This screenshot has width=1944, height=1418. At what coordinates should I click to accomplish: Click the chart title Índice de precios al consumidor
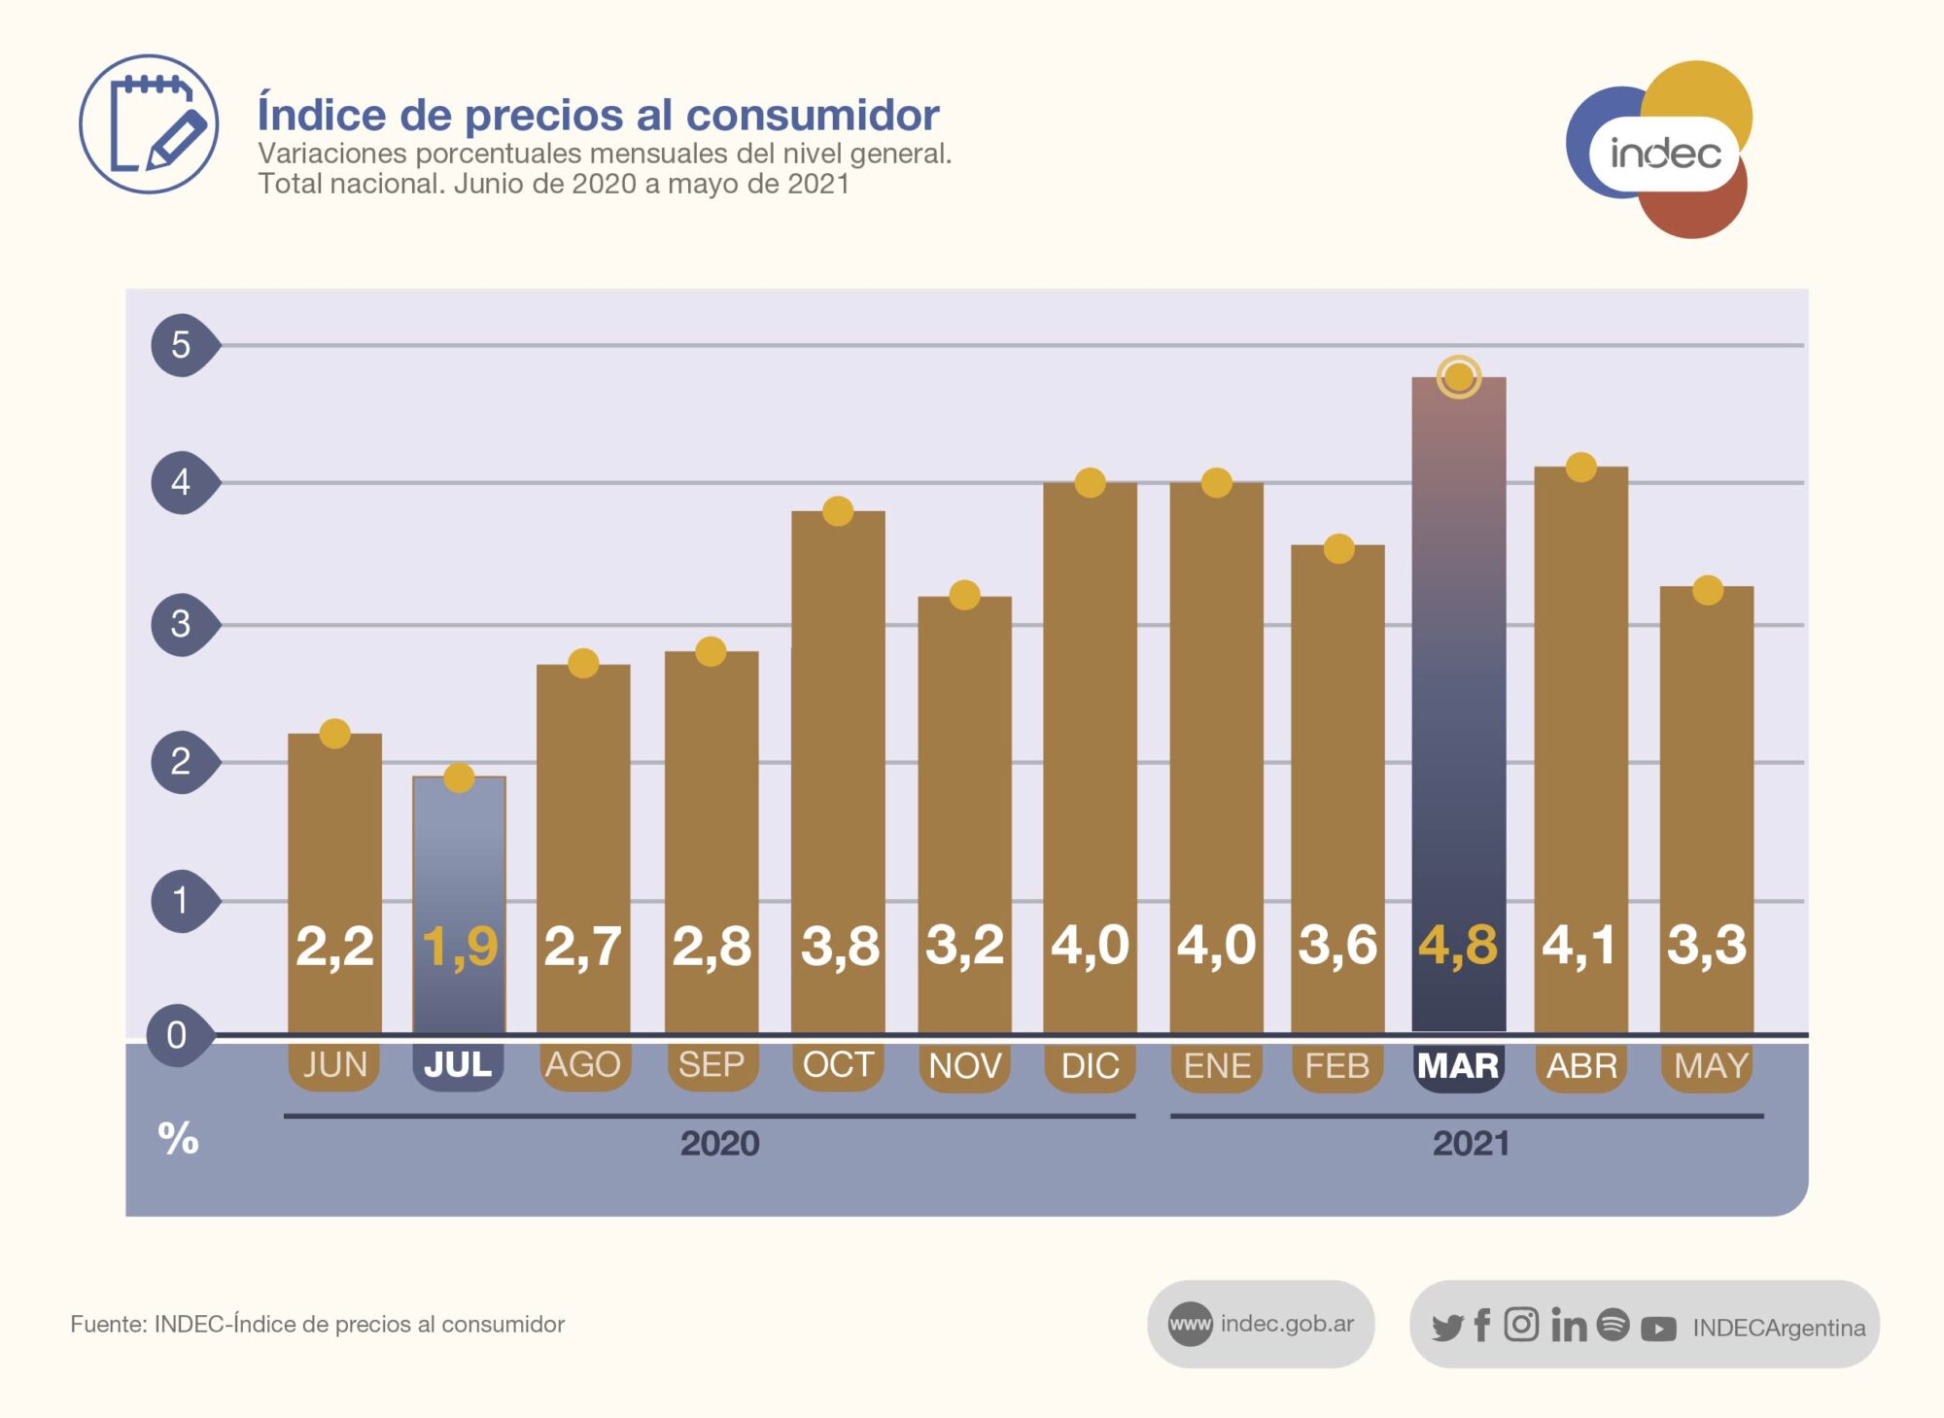tap(598, 115)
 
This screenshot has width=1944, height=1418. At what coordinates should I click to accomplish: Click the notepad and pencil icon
tap(149, 123)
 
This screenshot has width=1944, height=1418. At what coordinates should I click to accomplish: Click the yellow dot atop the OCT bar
tap(838, 510)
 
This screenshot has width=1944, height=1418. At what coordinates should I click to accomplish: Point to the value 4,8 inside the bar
tap(1458, 945)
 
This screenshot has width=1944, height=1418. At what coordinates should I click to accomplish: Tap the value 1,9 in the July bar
tap(460, 946)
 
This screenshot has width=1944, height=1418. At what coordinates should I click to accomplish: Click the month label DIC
tap(1090, 1066)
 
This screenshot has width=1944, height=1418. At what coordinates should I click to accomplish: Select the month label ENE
tap(1217, 1066)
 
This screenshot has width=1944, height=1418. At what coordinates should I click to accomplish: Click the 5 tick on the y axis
tap(181, 345)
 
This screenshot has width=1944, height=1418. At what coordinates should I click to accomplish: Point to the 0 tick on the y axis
tap(177, 1035)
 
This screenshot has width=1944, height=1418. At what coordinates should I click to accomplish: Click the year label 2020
tap(719, 1143)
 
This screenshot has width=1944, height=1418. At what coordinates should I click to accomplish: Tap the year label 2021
tap(1471, 1143)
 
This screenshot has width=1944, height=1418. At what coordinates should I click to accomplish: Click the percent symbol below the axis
tap(178, 1137)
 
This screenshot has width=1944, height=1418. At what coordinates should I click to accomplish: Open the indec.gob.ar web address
tap(1286, 1324)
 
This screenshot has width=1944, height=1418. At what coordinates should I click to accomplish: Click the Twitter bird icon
tap(1446, 1327)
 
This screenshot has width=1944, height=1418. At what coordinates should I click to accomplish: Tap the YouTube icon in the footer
tap(1658, 1328)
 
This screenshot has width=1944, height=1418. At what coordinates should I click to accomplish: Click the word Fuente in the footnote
tap(107, 1324)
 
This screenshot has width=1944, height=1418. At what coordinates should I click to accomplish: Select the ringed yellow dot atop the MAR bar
tap(1458, 377)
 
